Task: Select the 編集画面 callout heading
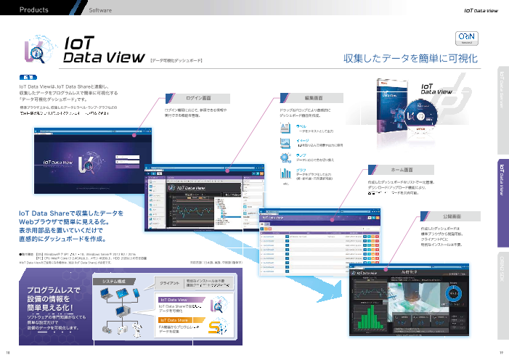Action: (x=314, y=97)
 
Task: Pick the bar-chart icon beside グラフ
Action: (x=284, y=171)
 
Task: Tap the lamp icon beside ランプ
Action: (x=284, y=156)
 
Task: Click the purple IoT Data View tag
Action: (x=176, y=299)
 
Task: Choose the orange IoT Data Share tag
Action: (x=177, y=319)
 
